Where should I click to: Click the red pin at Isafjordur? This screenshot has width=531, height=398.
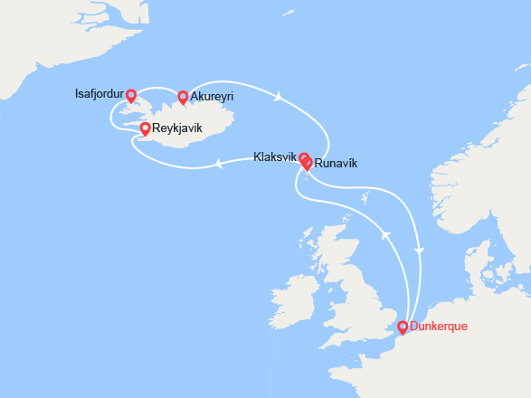tap(131, 95)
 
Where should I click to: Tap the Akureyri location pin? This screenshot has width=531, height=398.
tap(183, 97)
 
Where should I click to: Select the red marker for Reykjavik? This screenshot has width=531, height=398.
tap(146, 129)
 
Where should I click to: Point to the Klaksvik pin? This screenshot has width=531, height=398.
tap(304, 158)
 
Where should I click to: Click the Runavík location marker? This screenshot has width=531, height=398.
tap(308, 164)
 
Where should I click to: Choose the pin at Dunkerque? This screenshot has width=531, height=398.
tap(403, 327)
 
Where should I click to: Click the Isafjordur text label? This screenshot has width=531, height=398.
tap(100, 93)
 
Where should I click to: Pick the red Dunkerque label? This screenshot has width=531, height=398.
tap(439, 326)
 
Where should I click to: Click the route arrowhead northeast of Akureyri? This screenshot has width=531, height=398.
tap(280, 95)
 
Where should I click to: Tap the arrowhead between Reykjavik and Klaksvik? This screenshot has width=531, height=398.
tap(219, 164)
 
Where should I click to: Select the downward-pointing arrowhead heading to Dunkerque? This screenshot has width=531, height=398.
tap(418, 249)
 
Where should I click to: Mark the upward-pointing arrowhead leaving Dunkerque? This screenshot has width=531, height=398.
tap(387, 235)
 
